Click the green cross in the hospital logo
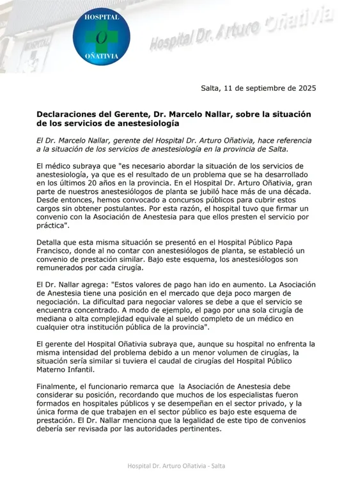[x=102, y=38]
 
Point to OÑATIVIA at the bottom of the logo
[x=102, y=56]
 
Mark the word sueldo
[x=187, y=318]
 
